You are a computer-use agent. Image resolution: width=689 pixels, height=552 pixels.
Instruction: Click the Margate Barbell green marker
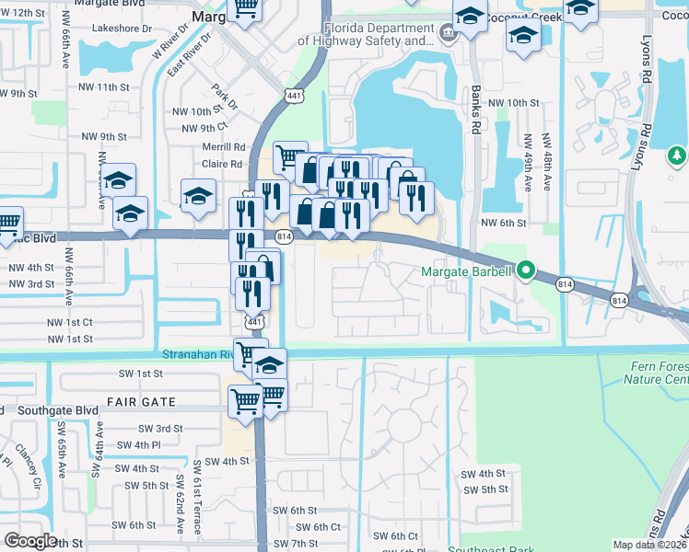[x=526, y=270]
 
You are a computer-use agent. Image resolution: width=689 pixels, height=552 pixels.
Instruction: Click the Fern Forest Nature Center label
[x=658, y=373]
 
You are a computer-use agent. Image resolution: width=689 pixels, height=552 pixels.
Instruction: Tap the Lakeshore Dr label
[x=122, y=29]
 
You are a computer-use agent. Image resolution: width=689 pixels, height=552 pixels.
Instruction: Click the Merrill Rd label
[x=224, y=147]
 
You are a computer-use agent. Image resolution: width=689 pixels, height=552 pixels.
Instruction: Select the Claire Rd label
[x=222, y=165]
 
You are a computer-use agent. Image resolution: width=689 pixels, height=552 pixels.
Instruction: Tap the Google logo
[x=30, y=541]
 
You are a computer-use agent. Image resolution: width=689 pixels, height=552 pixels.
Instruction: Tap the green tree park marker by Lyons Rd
[x=677, y=155]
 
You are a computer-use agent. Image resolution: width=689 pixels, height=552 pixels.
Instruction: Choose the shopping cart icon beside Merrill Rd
[x=290, y=155]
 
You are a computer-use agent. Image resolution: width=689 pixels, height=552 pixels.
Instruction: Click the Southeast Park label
[x=491, y=549]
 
